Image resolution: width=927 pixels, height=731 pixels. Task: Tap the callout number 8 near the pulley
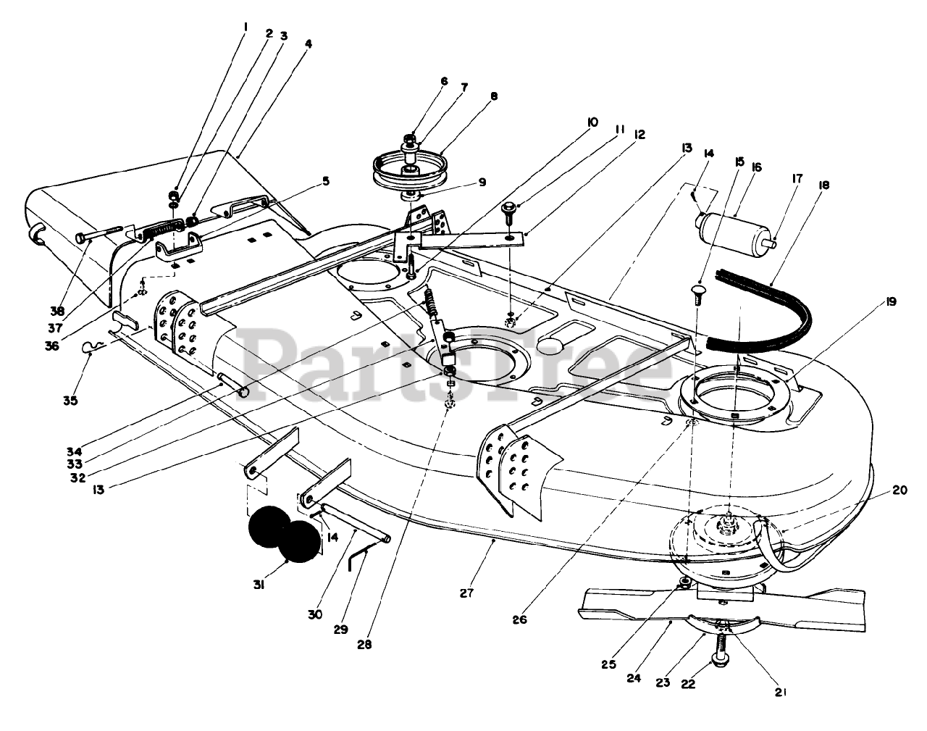494,96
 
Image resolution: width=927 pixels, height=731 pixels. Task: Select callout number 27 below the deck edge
466,593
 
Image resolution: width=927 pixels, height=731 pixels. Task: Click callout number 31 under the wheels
259,585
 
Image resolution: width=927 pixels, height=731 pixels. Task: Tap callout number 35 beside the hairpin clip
70,401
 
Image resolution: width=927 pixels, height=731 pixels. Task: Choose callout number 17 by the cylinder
797,179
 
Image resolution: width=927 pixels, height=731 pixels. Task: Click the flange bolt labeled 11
508,212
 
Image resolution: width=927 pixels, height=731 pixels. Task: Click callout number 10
592,122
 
